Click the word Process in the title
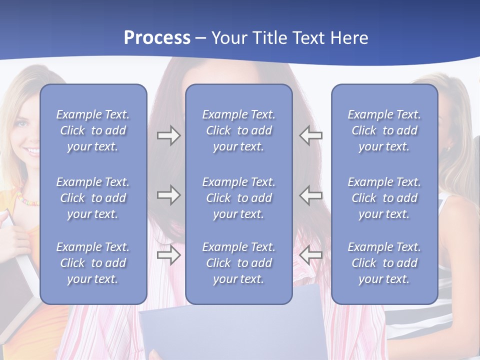point(157,38)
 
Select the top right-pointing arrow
point(168,135)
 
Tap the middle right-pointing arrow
point(168,195)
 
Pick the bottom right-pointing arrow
point(168,255)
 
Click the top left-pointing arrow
point(311,135)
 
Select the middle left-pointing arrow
point(311,195)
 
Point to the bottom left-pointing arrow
point(311,255)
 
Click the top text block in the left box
point(93,130)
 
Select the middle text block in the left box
point(93,198)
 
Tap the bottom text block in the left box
point(93,263)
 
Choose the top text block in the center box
point(238,130)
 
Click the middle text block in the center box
point(238,198)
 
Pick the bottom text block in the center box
point(238,263)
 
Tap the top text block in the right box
point(384,130)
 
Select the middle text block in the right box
point(384,198)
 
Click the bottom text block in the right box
point(384,263)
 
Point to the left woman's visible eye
point(20,123)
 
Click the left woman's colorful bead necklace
point(28,200)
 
